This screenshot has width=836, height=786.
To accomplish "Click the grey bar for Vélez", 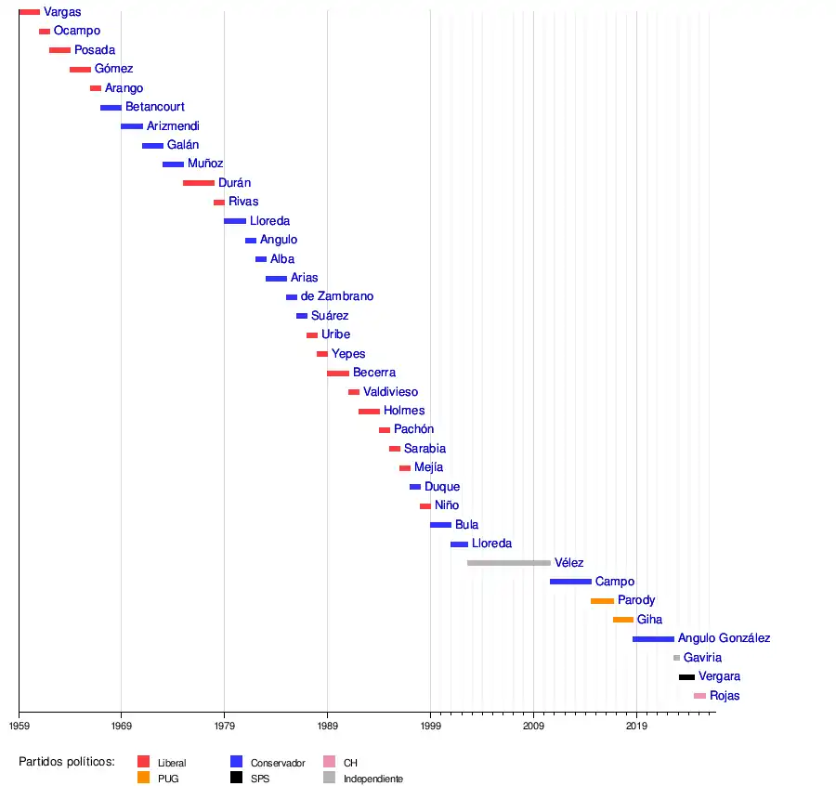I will coord(508,563).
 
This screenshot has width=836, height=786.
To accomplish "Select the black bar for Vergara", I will coord(686,677).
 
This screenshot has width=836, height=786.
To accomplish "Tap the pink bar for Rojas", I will coord(699,696).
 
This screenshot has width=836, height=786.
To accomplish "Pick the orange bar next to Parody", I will coord(602,601).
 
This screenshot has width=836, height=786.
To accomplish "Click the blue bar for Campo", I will coord(570,582).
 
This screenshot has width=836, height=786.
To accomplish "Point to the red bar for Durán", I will coord(199,183).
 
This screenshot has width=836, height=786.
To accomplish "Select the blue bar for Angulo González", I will coord(653,639).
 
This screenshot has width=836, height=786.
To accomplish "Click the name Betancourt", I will coord(155,107).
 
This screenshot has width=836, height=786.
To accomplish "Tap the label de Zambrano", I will coord(337,296).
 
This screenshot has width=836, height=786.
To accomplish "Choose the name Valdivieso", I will coord(390,392).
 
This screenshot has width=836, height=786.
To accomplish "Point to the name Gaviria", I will coord(702,658).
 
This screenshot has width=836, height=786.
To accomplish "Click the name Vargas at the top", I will coord(62,12).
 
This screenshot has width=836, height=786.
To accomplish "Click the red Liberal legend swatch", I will coord(143,762).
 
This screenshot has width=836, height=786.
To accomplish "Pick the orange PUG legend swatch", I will coord(143,778).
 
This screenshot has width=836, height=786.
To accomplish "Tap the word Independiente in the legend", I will coord(372,779).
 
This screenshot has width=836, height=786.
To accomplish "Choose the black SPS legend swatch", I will coord(237,778).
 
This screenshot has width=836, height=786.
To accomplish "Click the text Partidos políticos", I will coord(66,762).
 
